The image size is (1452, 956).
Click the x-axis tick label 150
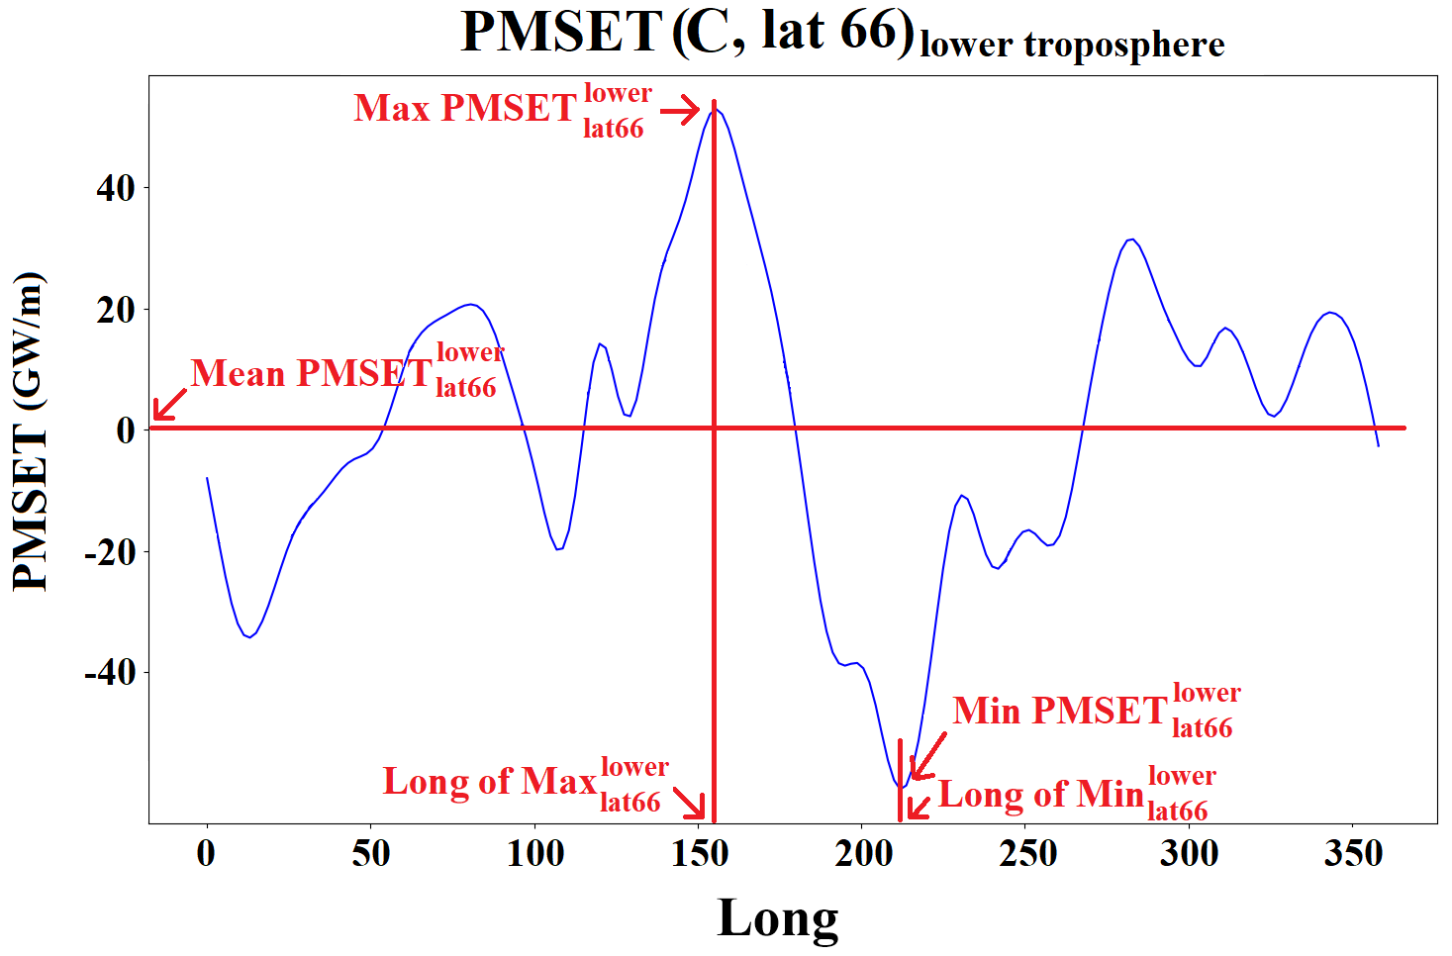700,853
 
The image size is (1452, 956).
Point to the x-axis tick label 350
1353,853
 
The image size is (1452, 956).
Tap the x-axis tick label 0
206,853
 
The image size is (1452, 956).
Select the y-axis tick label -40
109,673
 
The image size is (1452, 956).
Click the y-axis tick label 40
116,187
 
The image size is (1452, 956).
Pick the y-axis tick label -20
109,551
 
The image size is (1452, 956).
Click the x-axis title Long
778,918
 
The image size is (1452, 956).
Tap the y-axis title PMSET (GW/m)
30,430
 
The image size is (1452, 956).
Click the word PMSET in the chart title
561,32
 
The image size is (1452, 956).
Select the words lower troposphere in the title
1072,46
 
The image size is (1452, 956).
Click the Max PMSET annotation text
465,108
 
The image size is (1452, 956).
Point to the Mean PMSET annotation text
311,373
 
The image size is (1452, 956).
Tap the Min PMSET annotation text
1060,711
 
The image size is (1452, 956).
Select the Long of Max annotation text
489,782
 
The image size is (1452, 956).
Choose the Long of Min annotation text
1041,794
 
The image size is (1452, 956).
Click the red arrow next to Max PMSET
681,111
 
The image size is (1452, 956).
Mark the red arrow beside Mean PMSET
169,405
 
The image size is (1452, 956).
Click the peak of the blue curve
715,109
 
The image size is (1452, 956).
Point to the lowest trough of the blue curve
902,787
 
